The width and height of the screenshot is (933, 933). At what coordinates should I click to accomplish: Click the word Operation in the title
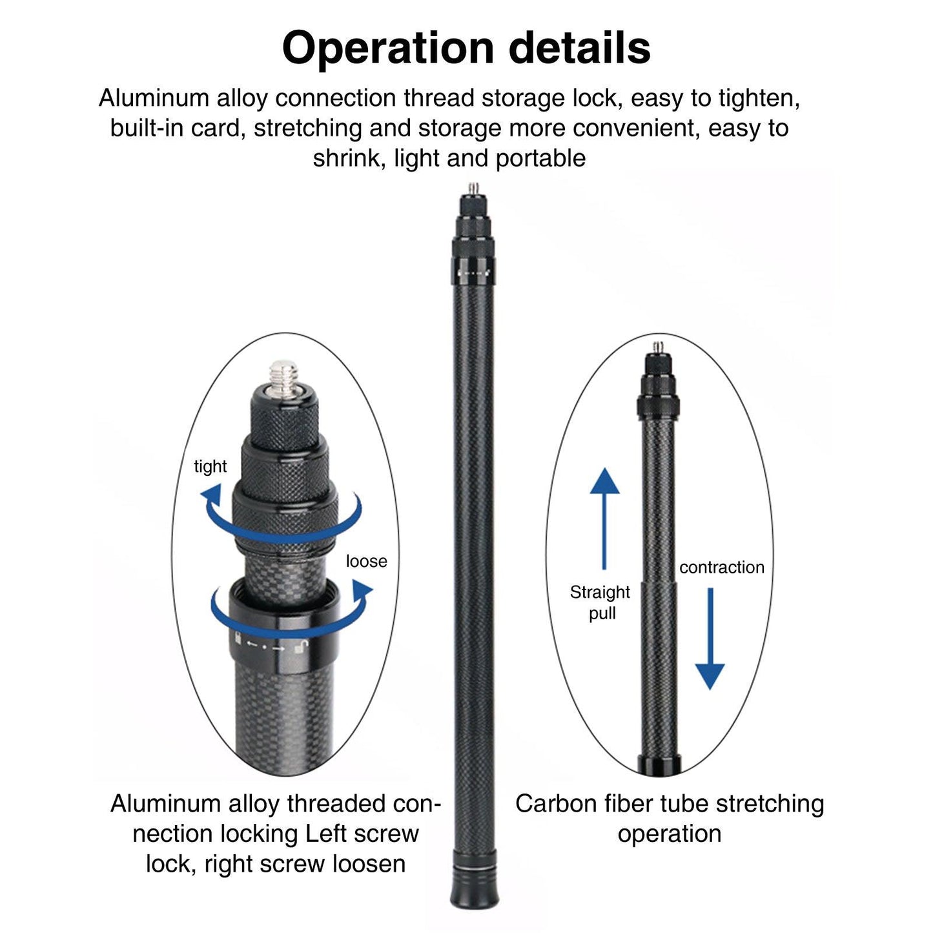point(387,49)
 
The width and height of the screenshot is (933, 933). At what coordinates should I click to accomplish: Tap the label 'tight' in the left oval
point(210,466)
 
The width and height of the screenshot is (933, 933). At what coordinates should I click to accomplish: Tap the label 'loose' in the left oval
point(366,561)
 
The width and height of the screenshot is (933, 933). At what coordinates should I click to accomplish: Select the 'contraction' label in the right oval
point(721,567)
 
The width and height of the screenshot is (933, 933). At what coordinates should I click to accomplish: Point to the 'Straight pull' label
point(600,602)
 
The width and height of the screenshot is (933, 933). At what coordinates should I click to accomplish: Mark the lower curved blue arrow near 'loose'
point(291,610)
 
